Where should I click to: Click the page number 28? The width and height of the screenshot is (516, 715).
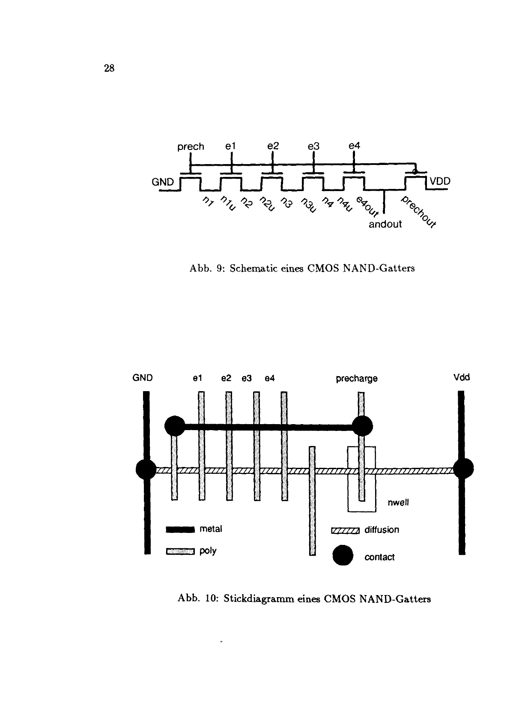pyautogui.click(x=109, y=68)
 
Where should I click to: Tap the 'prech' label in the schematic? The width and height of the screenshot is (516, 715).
pyautogui.click(x=191, y=147)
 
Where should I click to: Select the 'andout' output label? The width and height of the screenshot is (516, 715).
pyautogui.click(x=385, y=224)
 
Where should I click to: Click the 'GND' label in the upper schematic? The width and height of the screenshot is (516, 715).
pyautogui.click(x=163, y=182)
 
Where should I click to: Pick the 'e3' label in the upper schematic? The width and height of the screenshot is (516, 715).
pyautogui.click(x=314, y=146)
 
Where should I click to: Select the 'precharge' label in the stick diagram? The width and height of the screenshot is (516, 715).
pyautogui.click(x=357, y=379)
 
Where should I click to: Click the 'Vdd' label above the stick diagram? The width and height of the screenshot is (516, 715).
pyautogui.click(x=462, y=377)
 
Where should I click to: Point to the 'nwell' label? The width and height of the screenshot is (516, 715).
pyautogui.click(x=398, y=503)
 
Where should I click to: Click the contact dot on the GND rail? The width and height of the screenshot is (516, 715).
pyautogui.click(x=146, y=470)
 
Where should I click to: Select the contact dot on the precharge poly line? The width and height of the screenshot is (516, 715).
pyautogui.click(x=362, y=426)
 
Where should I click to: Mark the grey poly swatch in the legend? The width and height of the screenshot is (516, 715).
pyautogui.click(x=180, y=551)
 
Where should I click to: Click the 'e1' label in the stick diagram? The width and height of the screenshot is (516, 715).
pyautogui.click(x=197, y=378)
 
